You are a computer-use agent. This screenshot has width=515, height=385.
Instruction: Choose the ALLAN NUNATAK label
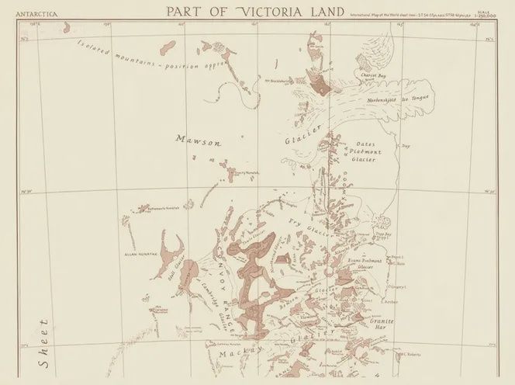(140, 253)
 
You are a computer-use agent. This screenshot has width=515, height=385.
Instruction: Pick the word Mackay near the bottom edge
(236, 352)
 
